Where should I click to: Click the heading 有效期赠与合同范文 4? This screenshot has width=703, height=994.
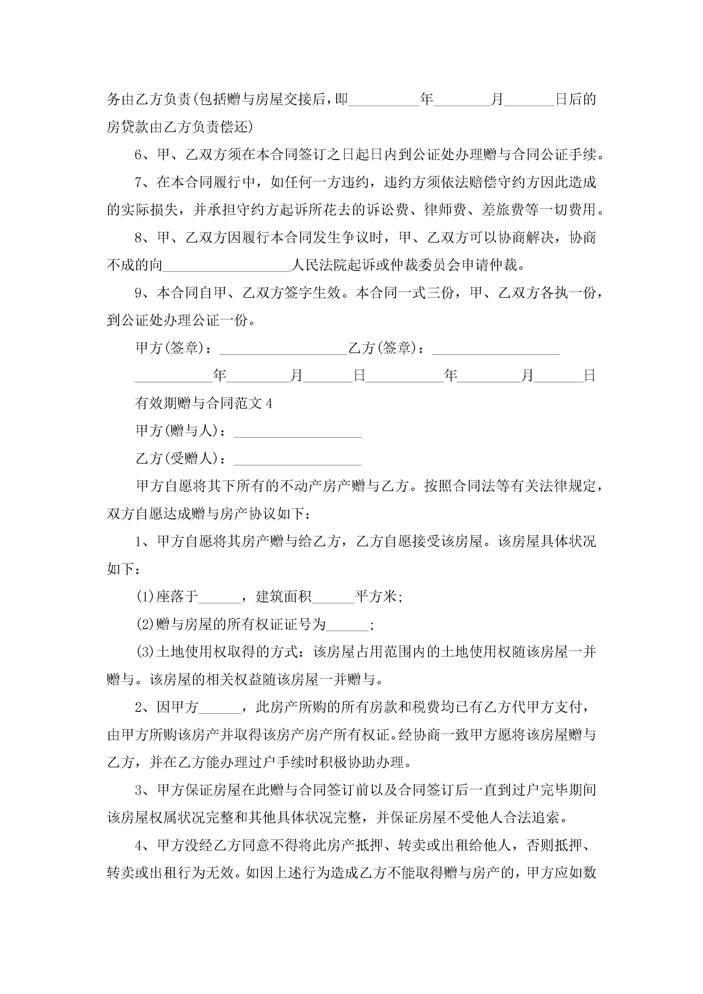pyautogui.click(x=204, y=403)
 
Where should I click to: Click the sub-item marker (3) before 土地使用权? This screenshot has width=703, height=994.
pyautogui.click(x=145, y=653)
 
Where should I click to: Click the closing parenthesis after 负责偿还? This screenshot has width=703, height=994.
pyautogui.click(x=249, y=127)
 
